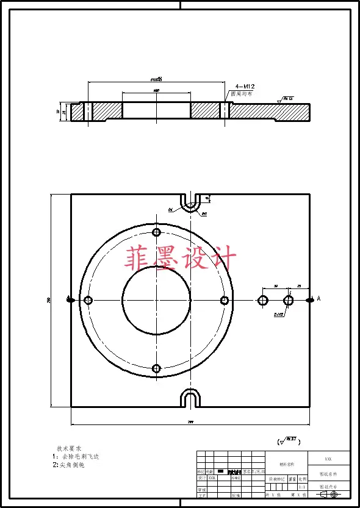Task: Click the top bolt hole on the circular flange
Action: pos(157,232)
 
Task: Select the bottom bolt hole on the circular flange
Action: pos(157,368)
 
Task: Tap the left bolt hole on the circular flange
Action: pos(88,300)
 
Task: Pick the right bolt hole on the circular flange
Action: pos(225,300)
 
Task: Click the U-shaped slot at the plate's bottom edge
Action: pos(192,399)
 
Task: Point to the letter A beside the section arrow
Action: pos(319,298)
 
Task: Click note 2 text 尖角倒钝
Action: pos(71,465)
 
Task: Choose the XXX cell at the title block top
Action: pos(328,459)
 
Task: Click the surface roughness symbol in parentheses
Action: pos(286,440)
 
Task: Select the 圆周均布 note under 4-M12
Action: pos(240,95)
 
